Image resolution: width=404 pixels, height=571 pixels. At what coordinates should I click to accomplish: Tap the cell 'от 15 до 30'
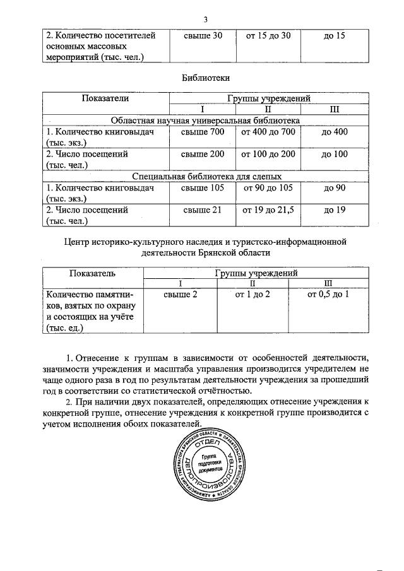point(268,35)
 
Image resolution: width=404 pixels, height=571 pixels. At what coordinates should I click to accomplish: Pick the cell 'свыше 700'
point(201,132)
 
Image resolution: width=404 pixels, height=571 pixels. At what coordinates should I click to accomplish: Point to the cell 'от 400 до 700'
point(268,132)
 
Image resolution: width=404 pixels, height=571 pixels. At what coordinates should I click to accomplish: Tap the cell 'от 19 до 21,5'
point(268,209)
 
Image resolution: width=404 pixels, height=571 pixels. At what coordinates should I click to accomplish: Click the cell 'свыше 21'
point(201,209)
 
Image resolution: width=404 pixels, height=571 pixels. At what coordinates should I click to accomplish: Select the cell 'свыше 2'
point(181,294)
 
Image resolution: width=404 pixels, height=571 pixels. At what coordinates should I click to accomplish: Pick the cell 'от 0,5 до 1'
point(328,294)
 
